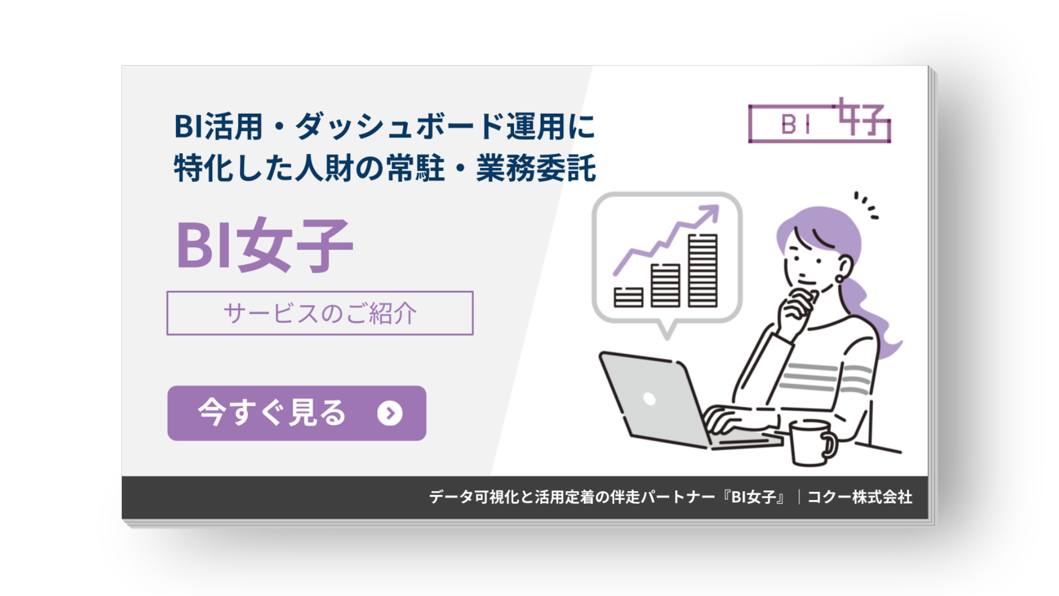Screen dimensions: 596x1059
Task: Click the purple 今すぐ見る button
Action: [297, 413]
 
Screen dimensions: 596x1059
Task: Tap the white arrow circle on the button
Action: [390, 413]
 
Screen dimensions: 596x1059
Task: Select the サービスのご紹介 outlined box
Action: [320, 313]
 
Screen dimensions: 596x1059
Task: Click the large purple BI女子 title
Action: [264, 246]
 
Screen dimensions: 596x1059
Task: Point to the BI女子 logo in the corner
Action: [819, 122]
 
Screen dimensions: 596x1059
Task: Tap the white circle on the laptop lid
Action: [649, 398]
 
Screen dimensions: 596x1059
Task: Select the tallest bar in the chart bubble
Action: [703, 270]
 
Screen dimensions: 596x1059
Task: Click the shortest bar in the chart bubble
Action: [628, 297]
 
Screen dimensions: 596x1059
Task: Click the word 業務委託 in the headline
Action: [536, 168]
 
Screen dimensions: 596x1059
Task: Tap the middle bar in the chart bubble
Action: [665, 285]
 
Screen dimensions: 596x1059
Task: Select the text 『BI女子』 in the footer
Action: [754, 497]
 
